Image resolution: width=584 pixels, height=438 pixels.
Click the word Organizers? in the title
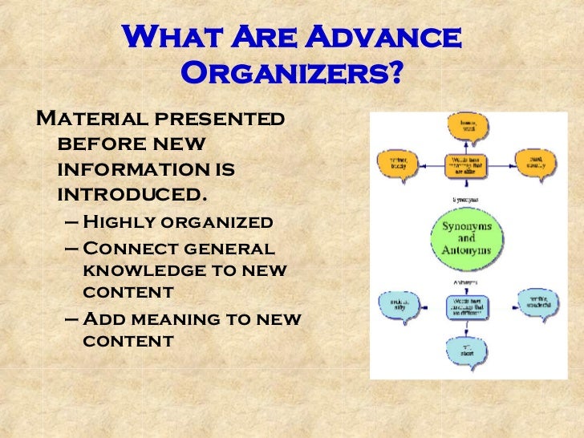click(291, 75)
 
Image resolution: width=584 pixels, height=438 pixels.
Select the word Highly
click(121, 222)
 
